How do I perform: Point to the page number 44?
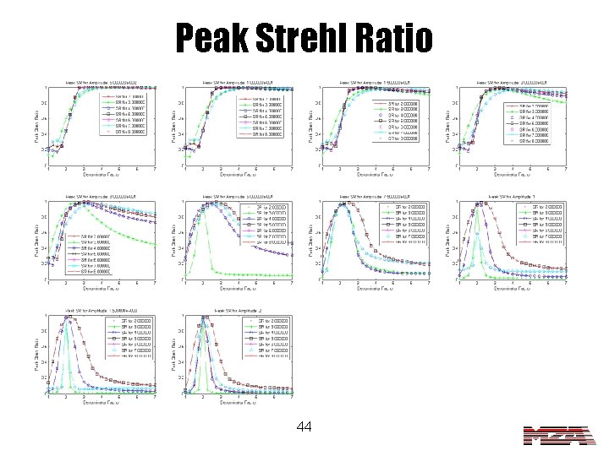[305, 428]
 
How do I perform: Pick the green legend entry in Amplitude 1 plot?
[542, 211]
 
